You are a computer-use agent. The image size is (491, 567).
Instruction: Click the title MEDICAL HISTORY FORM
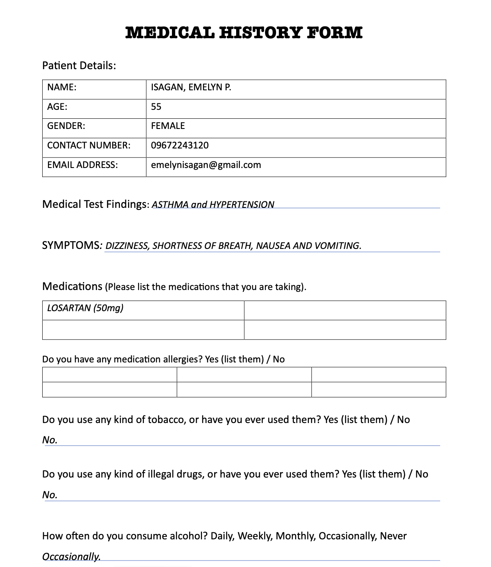pos(244,33)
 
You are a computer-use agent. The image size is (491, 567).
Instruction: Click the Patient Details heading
pos(79,65)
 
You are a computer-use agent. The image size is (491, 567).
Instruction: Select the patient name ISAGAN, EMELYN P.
pos(191,87)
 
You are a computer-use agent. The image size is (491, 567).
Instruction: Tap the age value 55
pos(156,107)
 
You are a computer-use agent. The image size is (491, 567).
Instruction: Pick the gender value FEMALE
pos(168,126)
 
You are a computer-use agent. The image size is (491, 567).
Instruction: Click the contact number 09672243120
pos(180,145)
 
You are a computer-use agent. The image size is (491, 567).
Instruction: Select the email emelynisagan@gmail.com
pos(206,165)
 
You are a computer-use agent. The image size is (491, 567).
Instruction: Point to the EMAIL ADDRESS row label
pos(83,165)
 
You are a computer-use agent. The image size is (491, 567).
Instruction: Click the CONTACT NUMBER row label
pos(89,145)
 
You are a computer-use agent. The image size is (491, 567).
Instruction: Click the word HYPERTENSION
pos(242,205)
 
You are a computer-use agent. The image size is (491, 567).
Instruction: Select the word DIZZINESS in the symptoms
pos(127,246)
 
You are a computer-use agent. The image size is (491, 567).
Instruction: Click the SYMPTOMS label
pos(71,245)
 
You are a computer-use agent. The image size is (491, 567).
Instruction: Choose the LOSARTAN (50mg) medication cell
pos(85,308)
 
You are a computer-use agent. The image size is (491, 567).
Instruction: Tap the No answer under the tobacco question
pos(50,440)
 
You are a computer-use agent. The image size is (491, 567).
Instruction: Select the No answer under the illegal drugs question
pos(50,495)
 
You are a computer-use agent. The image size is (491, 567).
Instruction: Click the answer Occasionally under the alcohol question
pos(71,556)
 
